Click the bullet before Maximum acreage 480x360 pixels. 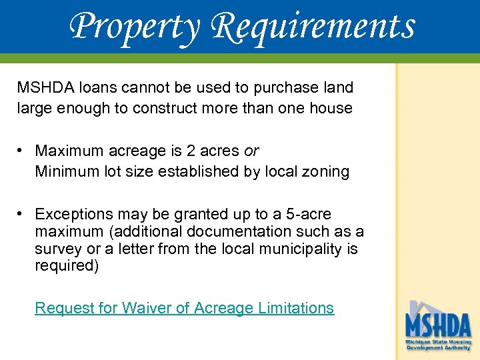(x=22, y=151)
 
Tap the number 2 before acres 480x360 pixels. (x=199, y=151)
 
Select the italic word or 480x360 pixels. (x=251, y=151)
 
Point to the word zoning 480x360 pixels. (x=326, y=171)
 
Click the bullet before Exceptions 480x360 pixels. (x=22, y=214)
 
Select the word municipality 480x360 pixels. (x=296, y=249)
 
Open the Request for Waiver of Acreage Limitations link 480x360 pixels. (x=184, y=308)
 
